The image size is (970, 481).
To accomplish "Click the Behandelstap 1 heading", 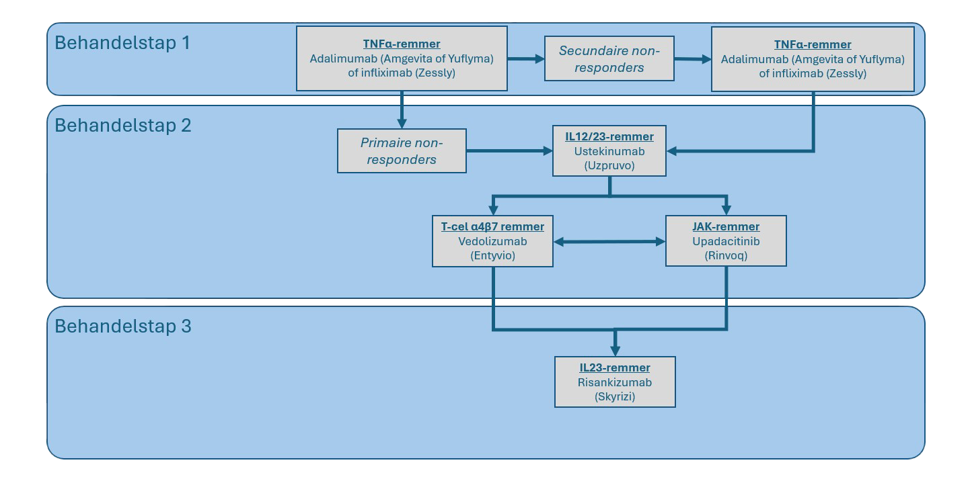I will [x=122, y=43].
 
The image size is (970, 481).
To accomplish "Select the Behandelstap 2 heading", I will [x=122, y=126].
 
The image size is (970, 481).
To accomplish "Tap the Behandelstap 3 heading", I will [x=122, y=326].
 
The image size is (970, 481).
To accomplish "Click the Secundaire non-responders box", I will [x=609, y=59].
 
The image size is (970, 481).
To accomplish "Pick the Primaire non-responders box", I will [x=402, y=151].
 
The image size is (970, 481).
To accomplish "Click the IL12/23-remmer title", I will [x=609, y=137].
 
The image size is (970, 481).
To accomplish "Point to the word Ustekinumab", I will [x=609, y=151].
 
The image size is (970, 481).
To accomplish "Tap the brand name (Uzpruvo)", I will [x=609, y=165].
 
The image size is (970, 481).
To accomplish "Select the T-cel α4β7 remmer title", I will [x=492, y=227].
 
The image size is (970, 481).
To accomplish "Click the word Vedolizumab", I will [x=492, y=241].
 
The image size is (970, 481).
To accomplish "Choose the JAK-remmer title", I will [x=726, y=227].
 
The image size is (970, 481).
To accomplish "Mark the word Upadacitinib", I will [x=726, y=241].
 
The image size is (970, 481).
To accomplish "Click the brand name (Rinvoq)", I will [x=726, y=255].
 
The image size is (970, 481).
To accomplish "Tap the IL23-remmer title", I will [x=615, y=368].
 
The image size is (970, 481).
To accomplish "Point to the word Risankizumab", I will [x=615, y=382].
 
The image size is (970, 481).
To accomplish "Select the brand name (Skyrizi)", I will [x=615, y=396].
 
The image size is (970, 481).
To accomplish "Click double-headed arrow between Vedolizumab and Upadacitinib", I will [x=609, y=241].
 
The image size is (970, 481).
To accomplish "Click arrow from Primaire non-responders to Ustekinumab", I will [x=509, y=151].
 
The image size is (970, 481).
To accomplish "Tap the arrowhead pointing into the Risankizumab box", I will [x=615, y=350].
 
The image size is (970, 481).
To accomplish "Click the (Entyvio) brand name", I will [x=492, y=255].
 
